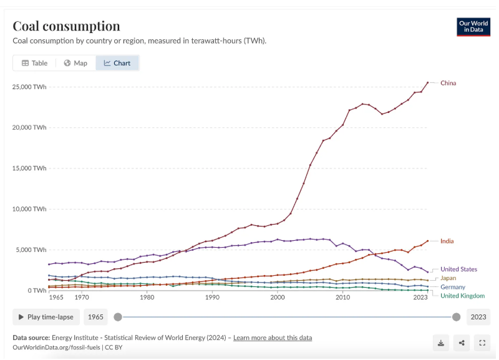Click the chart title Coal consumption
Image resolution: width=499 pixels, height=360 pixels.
click(66, 26)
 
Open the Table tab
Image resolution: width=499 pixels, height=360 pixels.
click(34, 63)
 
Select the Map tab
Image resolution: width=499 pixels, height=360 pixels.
click(75, 63)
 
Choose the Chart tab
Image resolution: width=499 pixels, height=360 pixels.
click(117, 63)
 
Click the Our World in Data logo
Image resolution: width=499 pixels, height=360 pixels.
click(473, 27)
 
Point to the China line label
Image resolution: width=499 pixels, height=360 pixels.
click(448, 83)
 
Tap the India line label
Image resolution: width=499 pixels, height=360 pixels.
click(447, 241)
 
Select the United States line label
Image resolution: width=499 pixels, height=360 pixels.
click(458, 269)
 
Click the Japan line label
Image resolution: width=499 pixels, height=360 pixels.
click(448, 278)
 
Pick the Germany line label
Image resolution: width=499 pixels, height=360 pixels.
click(453, 287)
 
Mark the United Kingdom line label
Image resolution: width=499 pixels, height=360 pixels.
click(463, 296)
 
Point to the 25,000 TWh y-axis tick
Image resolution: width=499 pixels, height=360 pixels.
click(29, 87)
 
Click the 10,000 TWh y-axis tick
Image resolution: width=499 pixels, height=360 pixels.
click(29, 209)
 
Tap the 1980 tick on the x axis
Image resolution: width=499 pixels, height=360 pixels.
click(147, 298)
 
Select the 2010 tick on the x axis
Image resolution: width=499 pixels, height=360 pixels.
click(342, 298)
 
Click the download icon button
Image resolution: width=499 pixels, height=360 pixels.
click(441, 342)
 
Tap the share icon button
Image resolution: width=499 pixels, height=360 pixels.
click(462, 342)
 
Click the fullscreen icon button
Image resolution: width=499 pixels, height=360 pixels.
click(482, 342)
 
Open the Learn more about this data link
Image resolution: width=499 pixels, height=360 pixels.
click(273, 338)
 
